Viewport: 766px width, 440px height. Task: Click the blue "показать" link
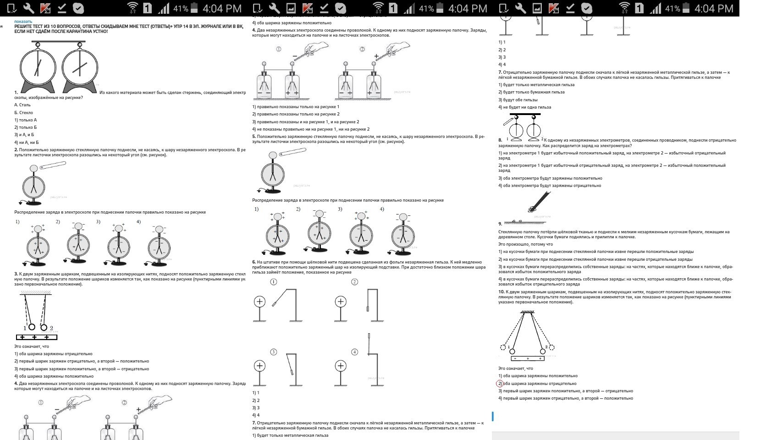pyautogui.click(x=23, y=22)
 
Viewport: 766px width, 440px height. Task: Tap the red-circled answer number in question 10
pyautogui.click(x=500, y=384)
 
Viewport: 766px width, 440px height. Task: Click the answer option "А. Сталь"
pyautogui.click(x=22, y=105)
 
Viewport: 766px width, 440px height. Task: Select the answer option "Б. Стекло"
pyautogui.click(x=23, y=112)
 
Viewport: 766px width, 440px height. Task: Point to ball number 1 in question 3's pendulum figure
pyautogui.click(x=32, y=327)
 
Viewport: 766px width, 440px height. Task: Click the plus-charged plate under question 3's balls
pyautogui.click(x=36, y=337)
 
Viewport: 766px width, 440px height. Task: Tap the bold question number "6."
pyautogui.click(x=254, y=262)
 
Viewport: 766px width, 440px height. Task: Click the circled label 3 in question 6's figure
pyautogui.click(x=274, y=352)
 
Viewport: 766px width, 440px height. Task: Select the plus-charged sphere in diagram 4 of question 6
pyautogui.click(x=341, y=366)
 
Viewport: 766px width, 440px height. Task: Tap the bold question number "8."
pyautogui.click(x=500, y=140)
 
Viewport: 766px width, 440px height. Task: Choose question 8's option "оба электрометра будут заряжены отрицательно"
pyautogui.click(x=550, y=186)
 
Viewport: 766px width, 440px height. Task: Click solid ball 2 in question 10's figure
pyautogui.click(x=543, y=352)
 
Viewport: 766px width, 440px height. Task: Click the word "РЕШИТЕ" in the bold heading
pyautogui.click(x=23, y=27)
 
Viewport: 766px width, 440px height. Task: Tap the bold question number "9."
pyautogui.click(x=500, y=224)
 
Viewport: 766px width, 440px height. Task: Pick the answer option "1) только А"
pyautogui.click(x=25, y=120)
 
